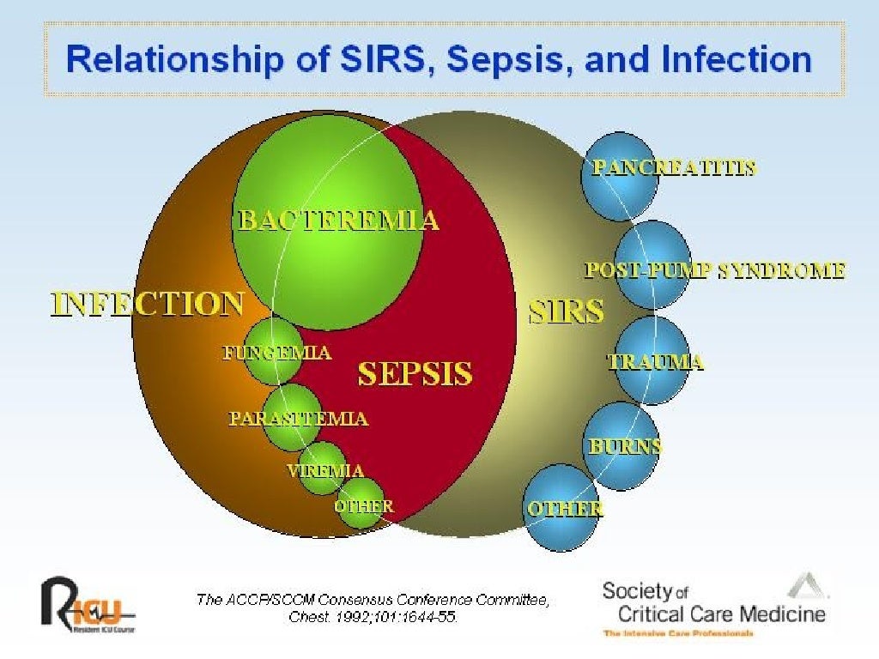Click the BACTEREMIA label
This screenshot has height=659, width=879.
[337, 221]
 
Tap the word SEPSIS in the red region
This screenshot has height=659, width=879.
[415, 374]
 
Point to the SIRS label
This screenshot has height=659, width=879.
[566, 311]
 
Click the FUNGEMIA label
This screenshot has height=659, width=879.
[276, 353]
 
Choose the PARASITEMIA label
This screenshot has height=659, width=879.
[298, 419]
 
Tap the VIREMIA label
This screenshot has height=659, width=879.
[325, 471]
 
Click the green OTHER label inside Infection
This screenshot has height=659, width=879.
[364, 506]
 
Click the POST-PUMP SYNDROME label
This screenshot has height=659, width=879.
[715, 271]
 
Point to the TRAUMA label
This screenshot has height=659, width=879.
[656, 362]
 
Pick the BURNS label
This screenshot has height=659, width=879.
[625, 446]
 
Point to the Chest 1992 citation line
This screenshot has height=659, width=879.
[373, 617]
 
